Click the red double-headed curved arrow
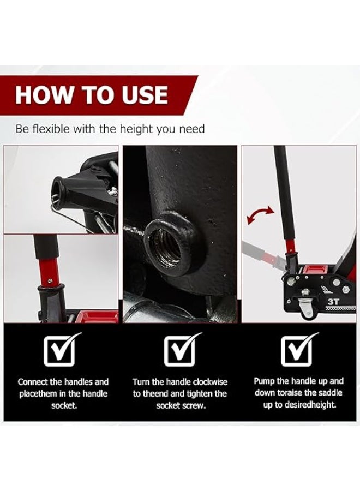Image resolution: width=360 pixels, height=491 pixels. (260, 215)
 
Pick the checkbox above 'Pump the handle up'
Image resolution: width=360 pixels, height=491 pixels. (299, 350)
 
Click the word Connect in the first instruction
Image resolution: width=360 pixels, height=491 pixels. (33, 382)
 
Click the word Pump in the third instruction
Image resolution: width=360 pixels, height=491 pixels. (265, 381)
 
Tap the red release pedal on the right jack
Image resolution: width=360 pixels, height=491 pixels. (314, 270)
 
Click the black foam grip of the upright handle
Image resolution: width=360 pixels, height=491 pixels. (283, 191)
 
